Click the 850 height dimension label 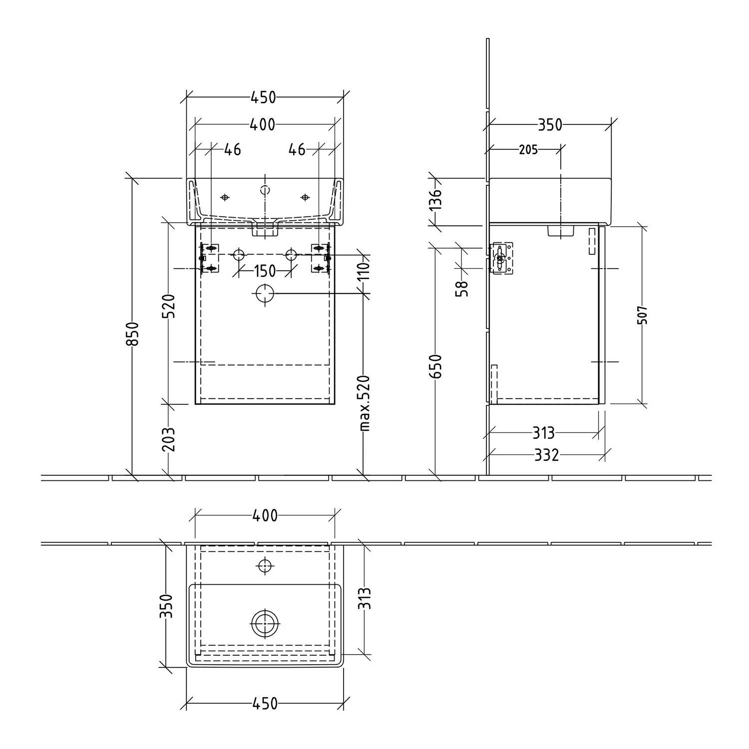tap(132, 333)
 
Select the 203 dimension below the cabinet tap(169, 439)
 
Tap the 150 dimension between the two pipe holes tap(265, 271)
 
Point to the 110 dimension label tap(365, 271)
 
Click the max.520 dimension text tap(365, 402)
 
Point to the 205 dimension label tap(528, 149)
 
